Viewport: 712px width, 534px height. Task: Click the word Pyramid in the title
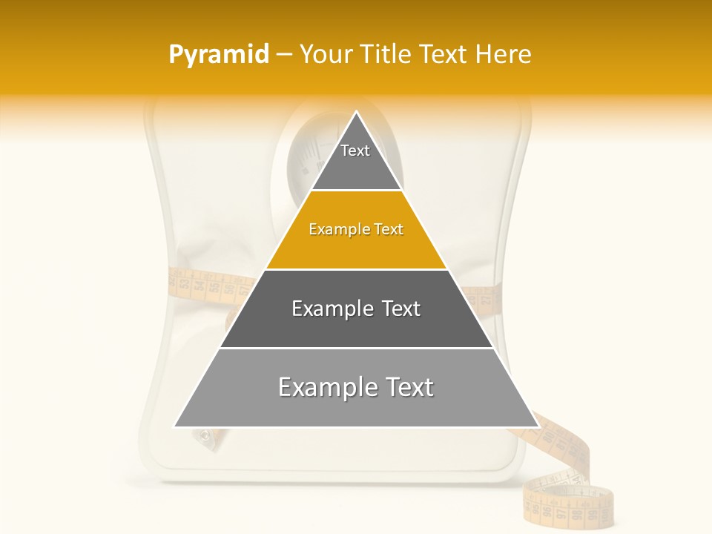tap(218, 55)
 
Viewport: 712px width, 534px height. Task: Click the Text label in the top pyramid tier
tap(355, 151)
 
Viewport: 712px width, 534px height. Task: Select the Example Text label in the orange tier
tap(356, 229)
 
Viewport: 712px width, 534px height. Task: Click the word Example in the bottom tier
tap(323, 387)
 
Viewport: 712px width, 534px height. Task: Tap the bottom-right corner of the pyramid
tap(538, 426)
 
